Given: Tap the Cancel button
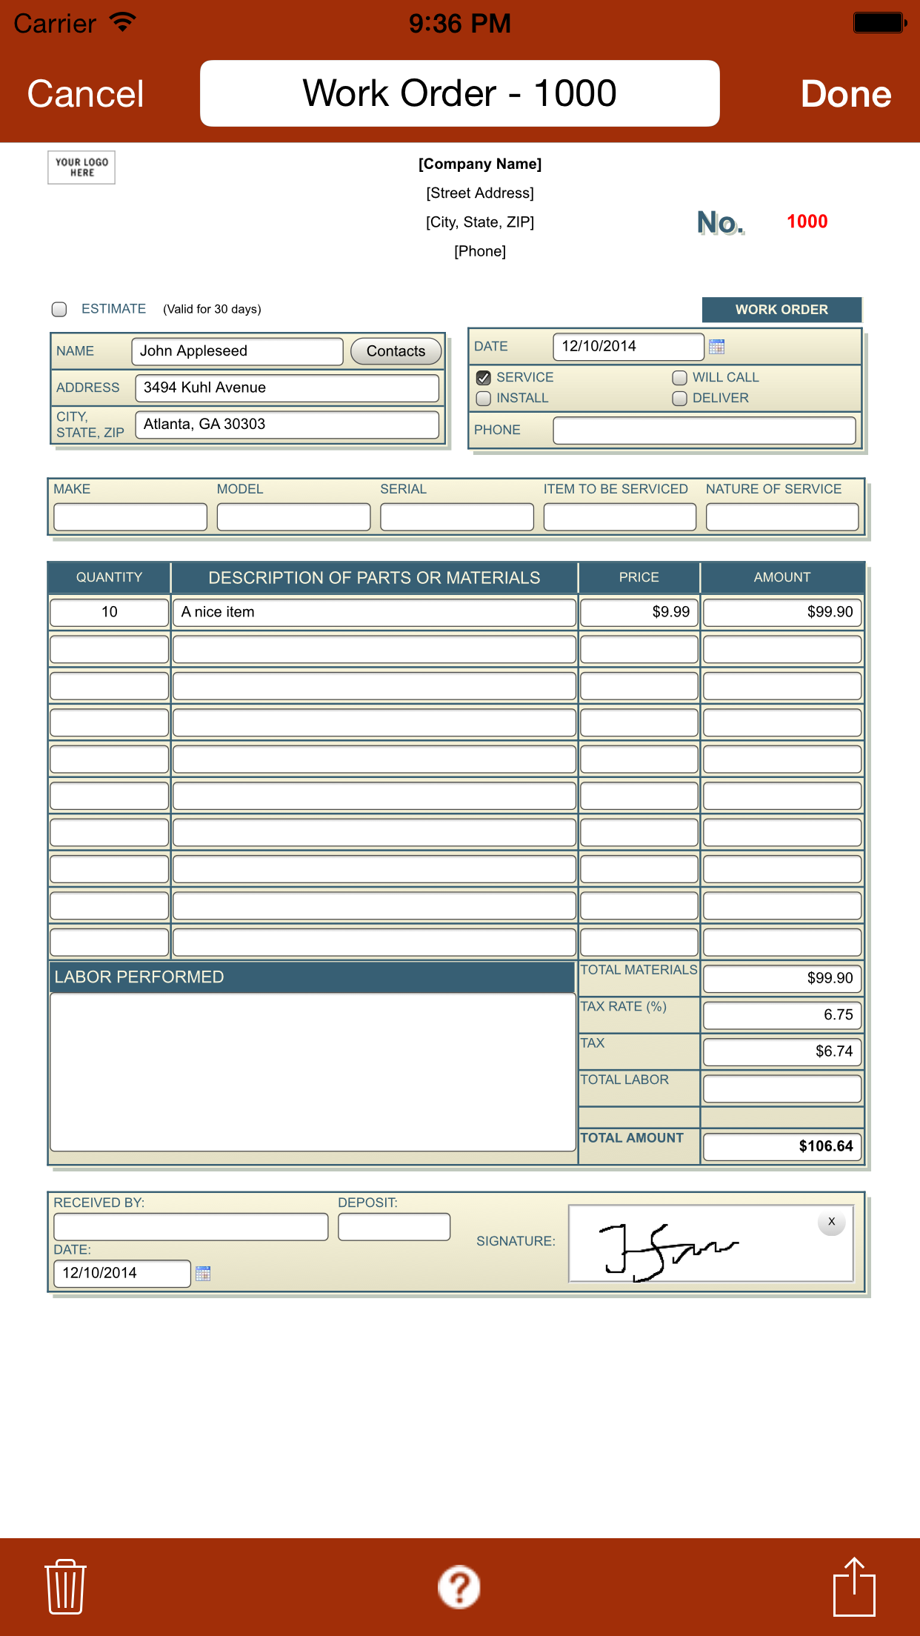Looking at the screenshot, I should (x=85, y=94).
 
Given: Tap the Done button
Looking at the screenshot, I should (x=845, y=94).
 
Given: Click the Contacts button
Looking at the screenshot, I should (x=396, y=351).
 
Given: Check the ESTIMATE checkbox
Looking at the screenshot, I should (x=59, y=309).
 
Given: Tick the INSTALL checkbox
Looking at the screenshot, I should (x=484, y=399).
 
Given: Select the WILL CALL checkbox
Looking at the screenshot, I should (x=679, y=378).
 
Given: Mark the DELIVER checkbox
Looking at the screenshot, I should (x=679, y=399).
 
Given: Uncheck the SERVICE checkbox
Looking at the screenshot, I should (x=484, y=378).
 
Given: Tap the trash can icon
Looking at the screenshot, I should (x=65, y=1586).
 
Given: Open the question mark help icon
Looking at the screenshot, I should (x=459, y=1586).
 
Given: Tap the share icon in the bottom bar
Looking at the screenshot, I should (x=854, y=1586).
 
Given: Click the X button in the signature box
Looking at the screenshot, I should (x=831, y=1222).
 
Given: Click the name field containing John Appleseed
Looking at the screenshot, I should (x=237, y=351).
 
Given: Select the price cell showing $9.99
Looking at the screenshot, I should (x=639, y=612).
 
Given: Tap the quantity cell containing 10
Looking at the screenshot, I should (x=109, y=612).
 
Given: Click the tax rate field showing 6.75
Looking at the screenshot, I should (x=781, y=1014).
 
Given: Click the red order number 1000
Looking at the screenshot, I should (x=807, y=222).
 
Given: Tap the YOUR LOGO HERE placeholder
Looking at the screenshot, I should (x=81, y=167).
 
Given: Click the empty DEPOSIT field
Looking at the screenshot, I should (x=393, y=1226).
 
